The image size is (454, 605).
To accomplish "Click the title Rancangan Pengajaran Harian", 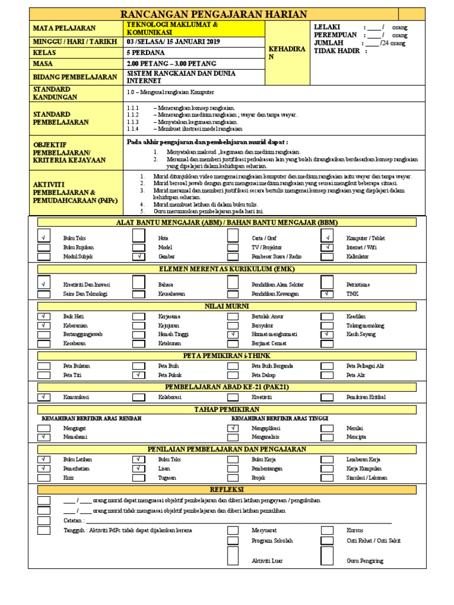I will pyautogui.click(x=214, y=14).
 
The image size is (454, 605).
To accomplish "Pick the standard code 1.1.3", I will pyautogui.click(x=132, y=121).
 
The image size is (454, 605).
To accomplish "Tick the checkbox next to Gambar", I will pyautogui.click(x=138, y=257).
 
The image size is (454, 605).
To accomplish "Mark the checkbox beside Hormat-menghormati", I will pyautogui.click(x=234, y=334).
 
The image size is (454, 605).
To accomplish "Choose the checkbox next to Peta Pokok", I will pyautogui.click(x=138, y=375).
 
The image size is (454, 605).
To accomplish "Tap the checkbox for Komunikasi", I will pyautogui.click(x=44, y=397).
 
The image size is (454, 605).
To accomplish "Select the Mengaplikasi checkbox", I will pyautogui.click(x=234, y=428).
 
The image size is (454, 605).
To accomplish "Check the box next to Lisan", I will pyautogui.click(x=138, y=468).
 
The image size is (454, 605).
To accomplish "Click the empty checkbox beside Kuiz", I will pyautogui.click(x=44, y=477).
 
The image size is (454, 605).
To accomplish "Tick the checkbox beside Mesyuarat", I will pyautogui.click(x=234, y=531).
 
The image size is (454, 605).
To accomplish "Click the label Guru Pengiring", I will pyautogui.click(x=365, y=560).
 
